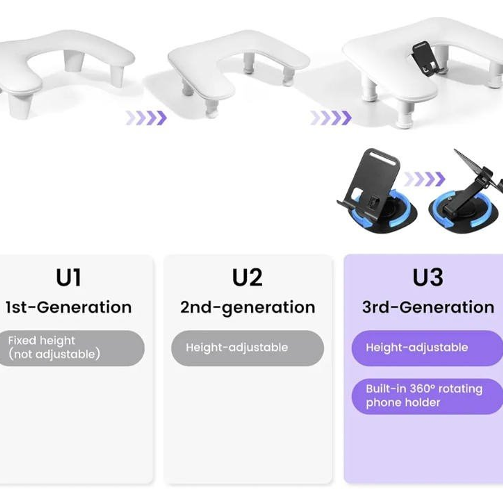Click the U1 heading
[69, 278]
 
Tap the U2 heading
[247, 278]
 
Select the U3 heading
[427, 278]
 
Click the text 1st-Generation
[69, 307]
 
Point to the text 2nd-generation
[248, 307]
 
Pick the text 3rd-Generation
[428, 307]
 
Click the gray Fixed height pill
[70, 348]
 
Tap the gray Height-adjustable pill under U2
[247, 348]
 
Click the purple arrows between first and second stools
[146, 118]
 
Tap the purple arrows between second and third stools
[331, 118]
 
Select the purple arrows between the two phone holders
[425, 179]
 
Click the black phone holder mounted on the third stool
[425, 58]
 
